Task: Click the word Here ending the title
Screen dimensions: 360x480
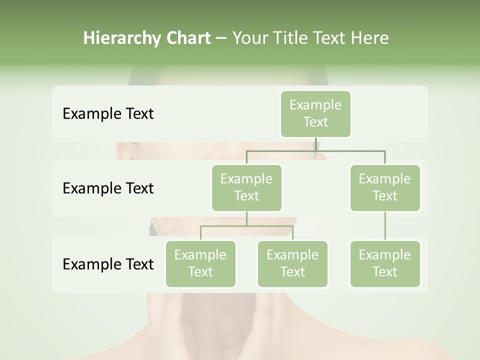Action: [x=369, y=38]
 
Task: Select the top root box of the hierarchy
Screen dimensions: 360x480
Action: [x=315, y=113]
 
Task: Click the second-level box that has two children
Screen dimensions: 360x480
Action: [x=246, y=187]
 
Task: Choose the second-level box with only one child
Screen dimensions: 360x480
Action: [x=385, y=187]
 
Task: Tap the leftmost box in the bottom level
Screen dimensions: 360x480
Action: [x=200, y=263]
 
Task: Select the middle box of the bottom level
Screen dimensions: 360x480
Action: [x=292, y=263]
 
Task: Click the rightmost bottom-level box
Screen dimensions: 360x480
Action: [x=385, y=263]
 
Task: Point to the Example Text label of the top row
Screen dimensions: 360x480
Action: [x=108, y=113]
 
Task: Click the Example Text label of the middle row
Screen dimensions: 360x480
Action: [x=108, y=188]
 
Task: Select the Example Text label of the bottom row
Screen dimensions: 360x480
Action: [x=108, y=264]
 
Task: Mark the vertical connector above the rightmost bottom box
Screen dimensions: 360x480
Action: [x=385, y=225]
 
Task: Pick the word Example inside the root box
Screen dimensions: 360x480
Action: [x=315, y=105]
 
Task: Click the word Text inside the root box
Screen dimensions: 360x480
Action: [x=315, y=122]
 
